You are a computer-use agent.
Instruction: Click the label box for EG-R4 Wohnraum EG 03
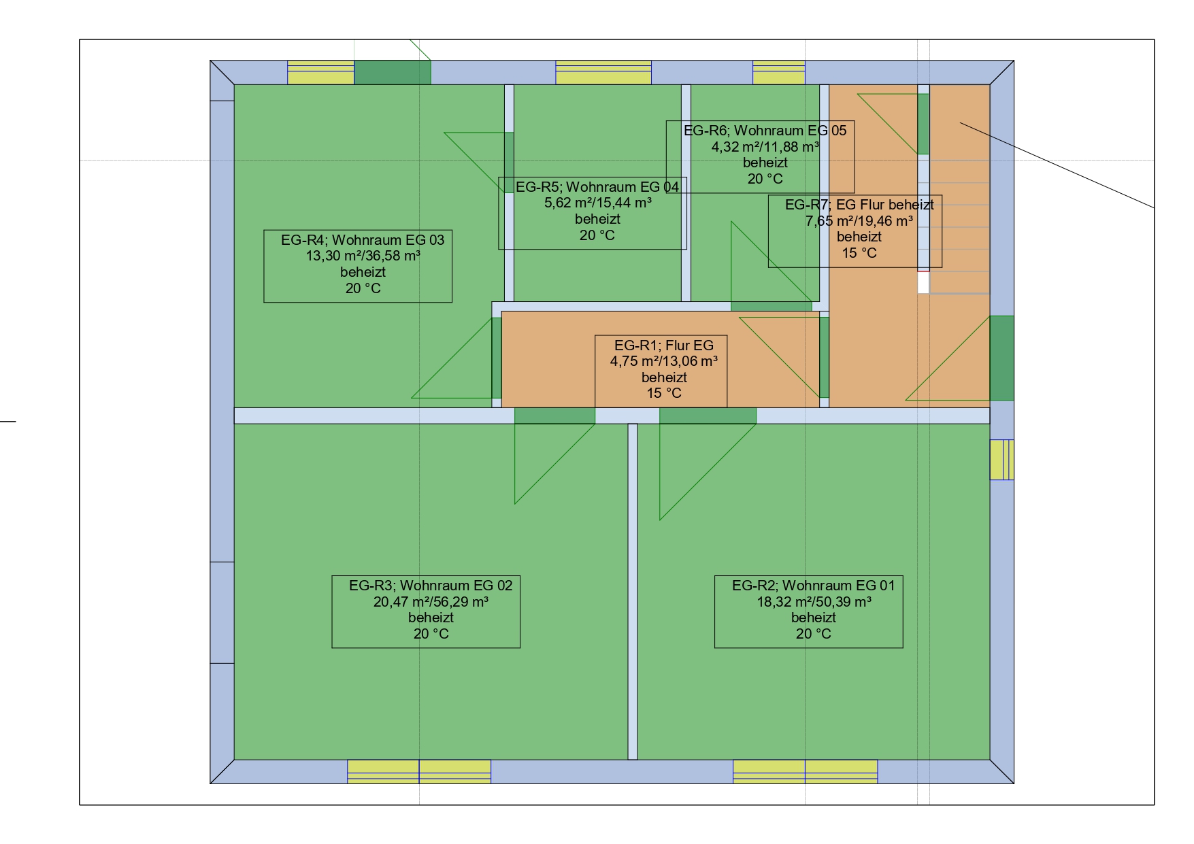tap(358, 266)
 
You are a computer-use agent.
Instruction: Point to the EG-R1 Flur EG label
tap(661, 371)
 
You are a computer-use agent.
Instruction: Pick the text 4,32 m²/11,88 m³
tap(765, 146)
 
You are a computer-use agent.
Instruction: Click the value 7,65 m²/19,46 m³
tap(859, 221)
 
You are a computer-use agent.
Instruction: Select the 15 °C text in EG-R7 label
tap(859, 253)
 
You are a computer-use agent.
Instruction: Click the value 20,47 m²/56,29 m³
tap(431, 602)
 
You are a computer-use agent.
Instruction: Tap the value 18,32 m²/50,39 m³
tap(814, 602)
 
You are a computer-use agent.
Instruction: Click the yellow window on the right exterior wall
tap(1001, 460)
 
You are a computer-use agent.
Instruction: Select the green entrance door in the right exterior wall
tap(1001, 358)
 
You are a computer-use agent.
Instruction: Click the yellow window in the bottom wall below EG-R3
tap(419, 772)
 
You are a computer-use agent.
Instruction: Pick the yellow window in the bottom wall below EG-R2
tap(805, 772)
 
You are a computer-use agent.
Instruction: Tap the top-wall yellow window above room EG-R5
tap(603, 73)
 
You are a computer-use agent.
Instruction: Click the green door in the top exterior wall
tap(393, 73)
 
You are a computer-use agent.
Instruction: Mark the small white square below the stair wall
tap(923, 283)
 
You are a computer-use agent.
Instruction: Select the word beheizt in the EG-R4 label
tap(363, 272)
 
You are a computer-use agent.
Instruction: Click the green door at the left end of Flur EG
tap(497, 358)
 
